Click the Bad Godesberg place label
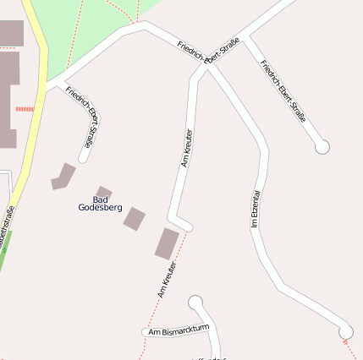(x=100, y=203)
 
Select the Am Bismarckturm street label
(x=178, y=331)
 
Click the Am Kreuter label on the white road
(x=187, y=148)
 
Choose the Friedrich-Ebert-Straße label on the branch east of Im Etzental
(x=283, y=91)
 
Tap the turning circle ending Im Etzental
(x=345, y=331)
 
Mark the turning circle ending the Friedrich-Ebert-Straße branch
(x=322, y=147)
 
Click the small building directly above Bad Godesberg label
(x=103, y=193)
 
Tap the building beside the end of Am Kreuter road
(x=167, y=243)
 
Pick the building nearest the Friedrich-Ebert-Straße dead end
(x=63, y=176)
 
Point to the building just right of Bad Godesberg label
(x=135, y=218)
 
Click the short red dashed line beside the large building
(x=25, y=108)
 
